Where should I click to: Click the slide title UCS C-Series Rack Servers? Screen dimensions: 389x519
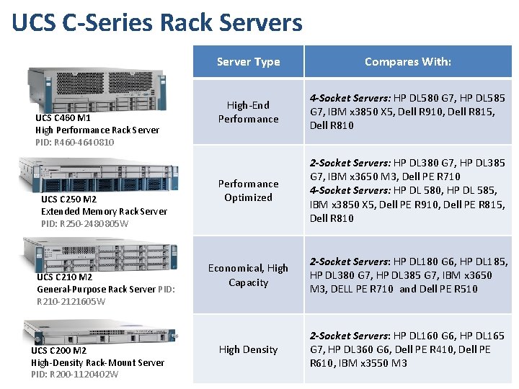click(157, 22)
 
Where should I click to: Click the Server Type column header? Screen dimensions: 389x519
click(248, 62)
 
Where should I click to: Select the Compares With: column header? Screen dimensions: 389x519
click(407, 62)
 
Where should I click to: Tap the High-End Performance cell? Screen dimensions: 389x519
click(248, 112)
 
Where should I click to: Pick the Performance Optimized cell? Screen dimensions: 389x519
click(248, 191)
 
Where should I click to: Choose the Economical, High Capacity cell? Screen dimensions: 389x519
click(248, 275)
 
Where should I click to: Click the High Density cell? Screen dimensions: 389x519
click(248, 349)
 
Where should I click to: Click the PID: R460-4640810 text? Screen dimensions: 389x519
click(74, 142)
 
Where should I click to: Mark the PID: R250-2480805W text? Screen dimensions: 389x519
click(85, 224)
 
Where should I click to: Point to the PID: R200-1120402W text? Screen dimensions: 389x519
click(75, 374)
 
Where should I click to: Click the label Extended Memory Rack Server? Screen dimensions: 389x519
click(104, 212)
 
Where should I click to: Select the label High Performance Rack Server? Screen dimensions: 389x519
click(97, 130)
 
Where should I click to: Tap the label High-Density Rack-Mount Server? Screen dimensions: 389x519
click(97, 362)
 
